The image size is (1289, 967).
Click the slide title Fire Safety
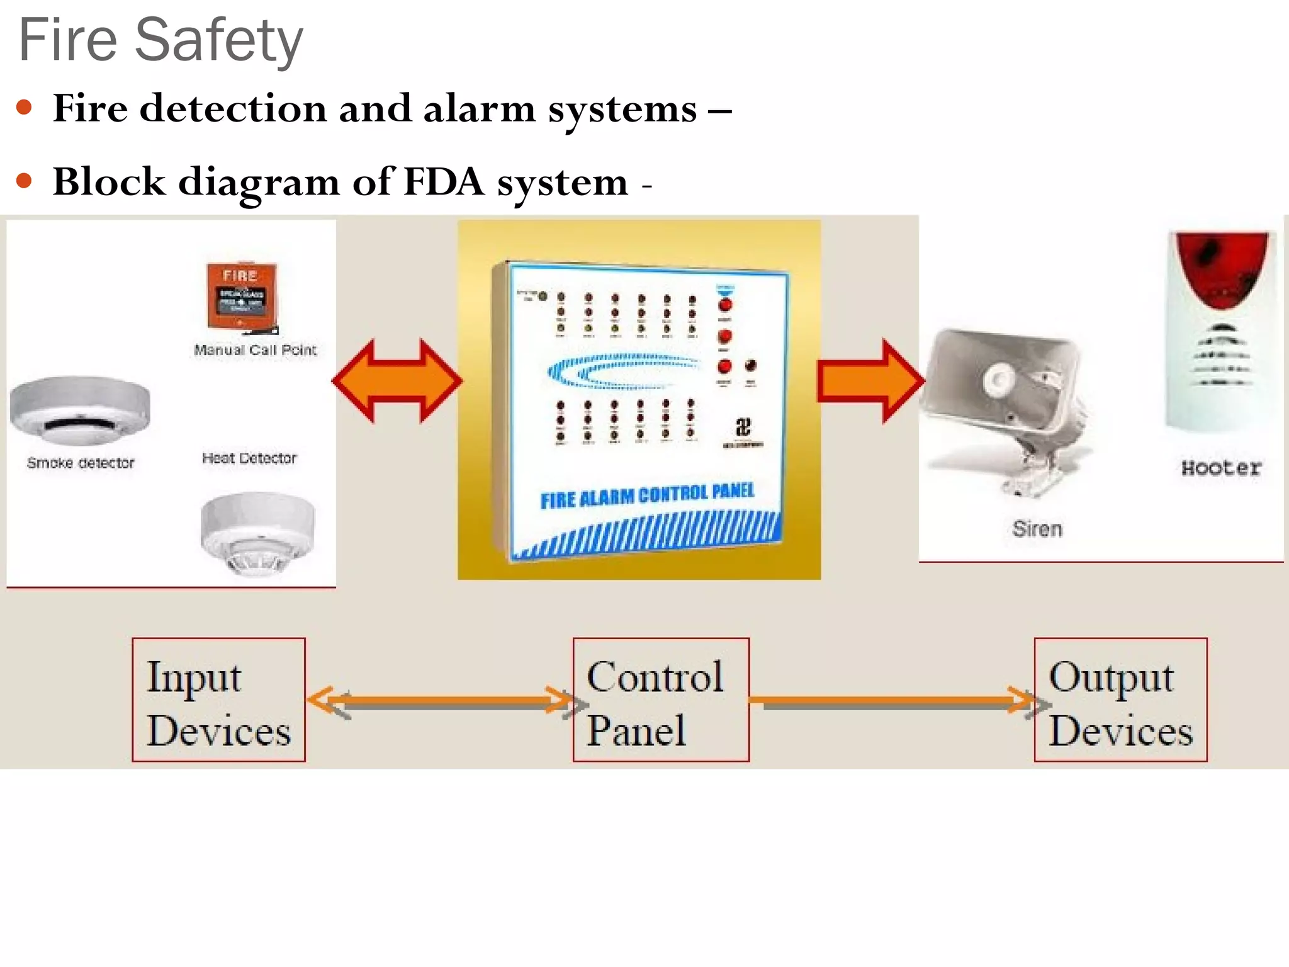[161, 40]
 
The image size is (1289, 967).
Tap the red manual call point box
[242, 296]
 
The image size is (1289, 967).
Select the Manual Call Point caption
[255, 350]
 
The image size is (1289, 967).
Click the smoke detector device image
[80, 409]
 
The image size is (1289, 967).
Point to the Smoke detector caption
[81, 463]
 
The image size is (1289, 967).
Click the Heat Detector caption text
[249, 458]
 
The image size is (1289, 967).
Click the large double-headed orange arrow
[397, 381]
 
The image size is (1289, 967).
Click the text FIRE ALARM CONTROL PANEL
[647, 495]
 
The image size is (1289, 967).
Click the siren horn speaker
[1007, 403]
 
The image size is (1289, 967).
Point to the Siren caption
[1037, 529]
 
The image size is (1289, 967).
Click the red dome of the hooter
[1221, 268]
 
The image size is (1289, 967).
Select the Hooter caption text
[1221, 468]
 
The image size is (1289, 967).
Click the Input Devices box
[218, 700]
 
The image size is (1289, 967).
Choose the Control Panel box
[661, 700]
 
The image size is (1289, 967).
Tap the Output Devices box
[1120, 700]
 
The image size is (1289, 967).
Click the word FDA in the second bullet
[444, 182]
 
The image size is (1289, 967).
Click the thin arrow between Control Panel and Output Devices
[891, 701]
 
